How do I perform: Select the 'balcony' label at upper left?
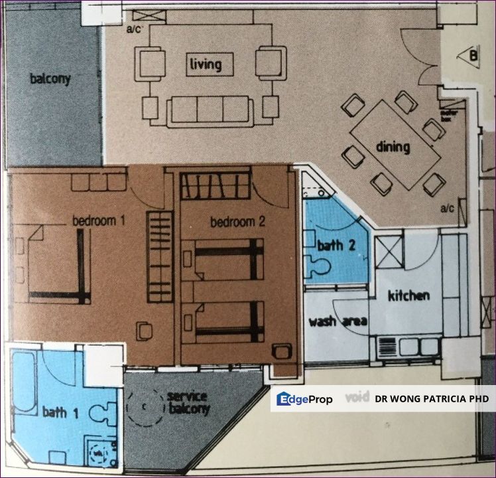tap(50, 79)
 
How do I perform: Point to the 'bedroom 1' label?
tap(99, 220)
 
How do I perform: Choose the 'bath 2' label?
tap(336, 245)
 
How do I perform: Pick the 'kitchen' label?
tap(409, 295)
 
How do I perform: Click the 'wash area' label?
tap(338, 322)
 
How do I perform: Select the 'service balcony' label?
tap(188, 402)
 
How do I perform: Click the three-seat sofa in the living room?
tap(210, 110)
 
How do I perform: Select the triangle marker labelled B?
tap(469, 56)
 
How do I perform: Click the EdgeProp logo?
tap(304, 399)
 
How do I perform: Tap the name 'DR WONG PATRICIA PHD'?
tap(431, 399)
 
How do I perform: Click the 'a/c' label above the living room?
tap(135, 29)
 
